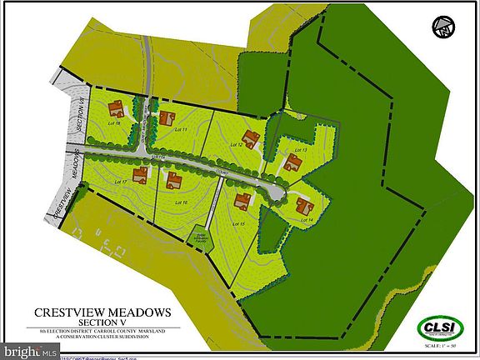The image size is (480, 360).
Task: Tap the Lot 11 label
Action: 177,131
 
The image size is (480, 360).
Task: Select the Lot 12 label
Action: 236,145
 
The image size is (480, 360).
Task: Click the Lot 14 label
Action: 307,219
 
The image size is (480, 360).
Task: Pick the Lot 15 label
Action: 240,223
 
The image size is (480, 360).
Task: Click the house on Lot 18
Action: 116,108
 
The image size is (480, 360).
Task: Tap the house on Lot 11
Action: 167,118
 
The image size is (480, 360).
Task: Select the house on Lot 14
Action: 304,206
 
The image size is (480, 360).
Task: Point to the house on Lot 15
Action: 243,201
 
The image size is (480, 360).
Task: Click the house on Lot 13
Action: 292,162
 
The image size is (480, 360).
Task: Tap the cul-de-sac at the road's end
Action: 273,192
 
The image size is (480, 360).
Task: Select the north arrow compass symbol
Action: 443,27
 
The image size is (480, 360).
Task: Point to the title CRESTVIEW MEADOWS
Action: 102,312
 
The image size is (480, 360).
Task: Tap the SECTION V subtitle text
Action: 102,323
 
